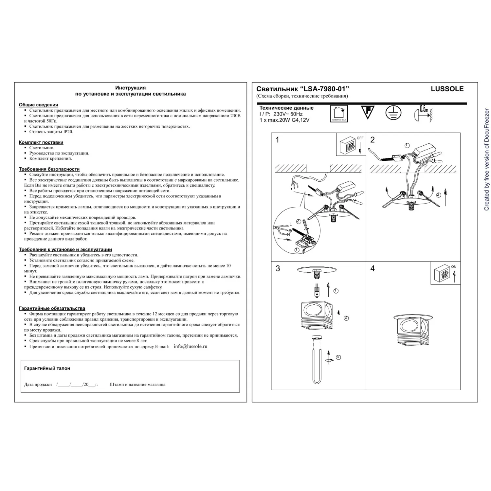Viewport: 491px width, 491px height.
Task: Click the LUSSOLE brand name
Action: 447,89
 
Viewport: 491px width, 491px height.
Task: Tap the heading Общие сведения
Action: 38,105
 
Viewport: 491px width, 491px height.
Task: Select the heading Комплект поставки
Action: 41,142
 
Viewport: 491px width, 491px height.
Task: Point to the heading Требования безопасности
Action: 49,169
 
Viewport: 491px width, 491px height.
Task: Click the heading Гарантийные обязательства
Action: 52,308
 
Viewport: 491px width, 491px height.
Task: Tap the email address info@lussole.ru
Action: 191,346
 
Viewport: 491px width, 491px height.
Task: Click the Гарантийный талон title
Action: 47,368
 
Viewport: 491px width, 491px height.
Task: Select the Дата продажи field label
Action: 38,385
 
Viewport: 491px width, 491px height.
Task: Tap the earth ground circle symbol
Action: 393,112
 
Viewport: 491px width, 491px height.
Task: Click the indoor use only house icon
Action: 339,113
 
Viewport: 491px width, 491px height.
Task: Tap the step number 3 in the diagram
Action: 278,269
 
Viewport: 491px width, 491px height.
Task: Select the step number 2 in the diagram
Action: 372,140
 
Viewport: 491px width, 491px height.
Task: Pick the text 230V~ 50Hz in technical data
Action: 288,114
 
